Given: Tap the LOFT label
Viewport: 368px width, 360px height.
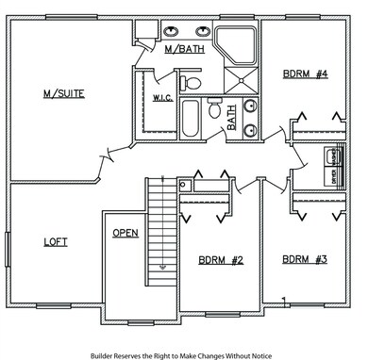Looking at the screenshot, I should (x=56, y=241).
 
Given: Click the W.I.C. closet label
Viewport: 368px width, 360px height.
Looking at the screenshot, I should (x=159, y=97).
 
